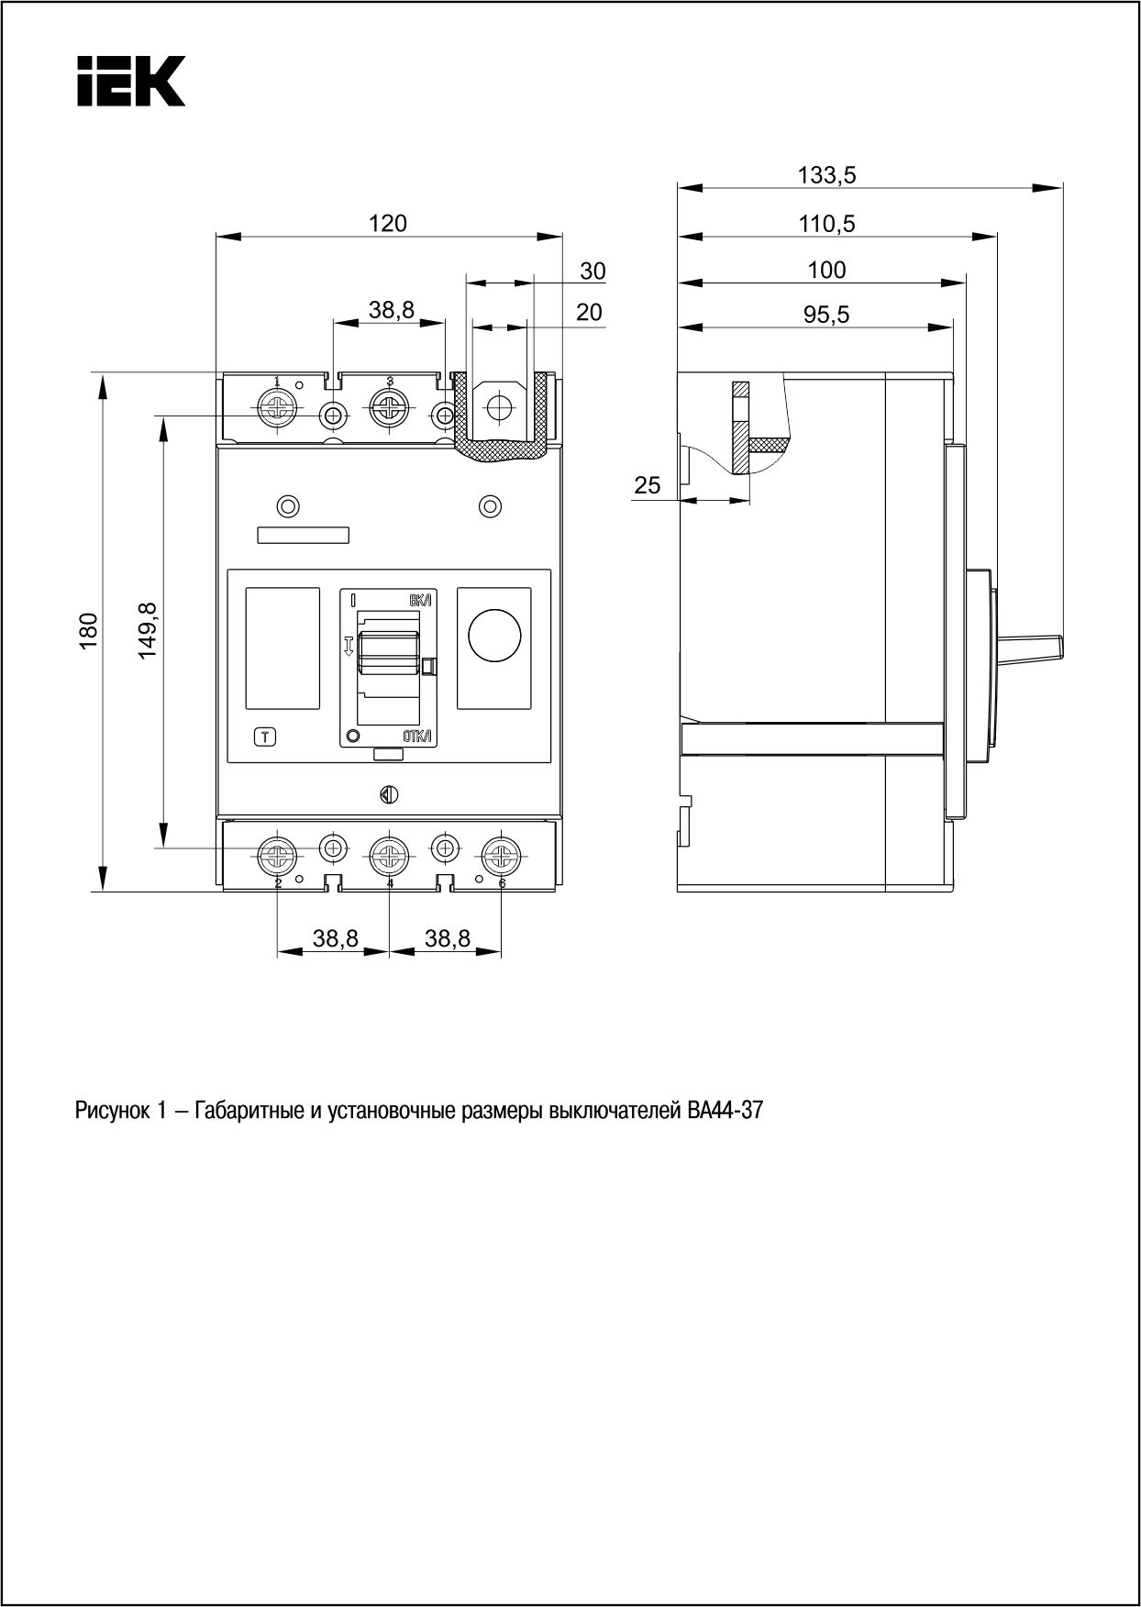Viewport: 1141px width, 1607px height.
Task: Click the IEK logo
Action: [x=130, y=82]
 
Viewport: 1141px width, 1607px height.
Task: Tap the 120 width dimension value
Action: [x=387, y=223]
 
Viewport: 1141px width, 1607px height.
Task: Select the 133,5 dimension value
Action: [x=826, y=175]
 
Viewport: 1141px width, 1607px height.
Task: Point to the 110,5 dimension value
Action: [x=826, y=223]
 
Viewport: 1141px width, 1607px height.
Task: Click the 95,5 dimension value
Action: [x=826, y=315]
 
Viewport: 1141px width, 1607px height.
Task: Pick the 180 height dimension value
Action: [x=88, y=631]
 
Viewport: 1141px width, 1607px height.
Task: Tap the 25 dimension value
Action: [x=648, y=485]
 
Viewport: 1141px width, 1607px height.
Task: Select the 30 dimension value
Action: [x=593, y=271]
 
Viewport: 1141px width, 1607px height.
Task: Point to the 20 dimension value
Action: [x=589, y=313]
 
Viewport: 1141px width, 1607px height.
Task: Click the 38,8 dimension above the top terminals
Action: [x=392, y=311]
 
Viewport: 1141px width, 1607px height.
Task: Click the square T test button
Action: [x=264, y=736]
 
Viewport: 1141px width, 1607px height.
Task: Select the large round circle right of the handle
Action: [x=494, y=634]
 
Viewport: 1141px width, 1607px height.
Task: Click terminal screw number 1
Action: [x=277, y=407]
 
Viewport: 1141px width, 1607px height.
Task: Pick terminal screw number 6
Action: [x=502, y=858]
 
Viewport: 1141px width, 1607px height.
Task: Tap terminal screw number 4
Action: [x=389, y=858]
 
